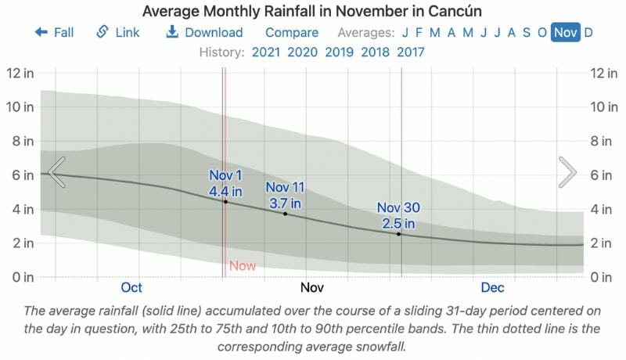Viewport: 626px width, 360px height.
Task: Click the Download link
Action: pyautogui.click(x=205, y=33)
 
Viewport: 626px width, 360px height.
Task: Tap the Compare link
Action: pyautogui.click(x=292, y=33)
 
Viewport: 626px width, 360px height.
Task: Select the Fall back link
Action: pyautogui.click(x=54, y=33)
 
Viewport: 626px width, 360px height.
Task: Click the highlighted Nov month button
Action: pyautogui.click(x=565, y=33)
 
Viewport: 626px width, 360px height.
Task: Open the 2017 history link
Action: pyautogui.click(x=412, y=52)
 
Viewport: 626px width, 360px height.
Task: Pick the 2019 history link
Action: pyautogui.click(x=339, y=52)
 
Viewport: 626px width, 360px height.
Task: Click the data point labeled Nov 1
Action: pyautogui.click(x=225, y=202)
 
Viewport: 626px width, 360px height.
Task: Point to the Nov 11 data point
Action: pyautogui.click(x=285, y=214)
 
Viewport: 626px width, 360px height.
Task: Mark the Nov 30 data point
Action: pyautogui.click(x=398, y=234)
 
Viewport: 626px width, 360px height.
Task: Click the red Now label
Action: pyautogui.click(x=243, y=266)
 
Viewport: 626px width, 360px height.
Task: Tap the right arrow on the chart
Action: pyautogui.click(x=567, y=172)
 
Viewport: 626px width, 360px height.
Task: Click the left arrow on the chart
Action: pyautogui.click(x=56, y=172)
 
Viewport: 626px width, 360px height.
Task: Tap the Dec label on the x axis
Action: pyautogui.click(x=493, y=287)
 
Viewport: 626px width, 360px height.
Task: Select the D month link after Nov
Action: pyautogui.click(x=588, y=33)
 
